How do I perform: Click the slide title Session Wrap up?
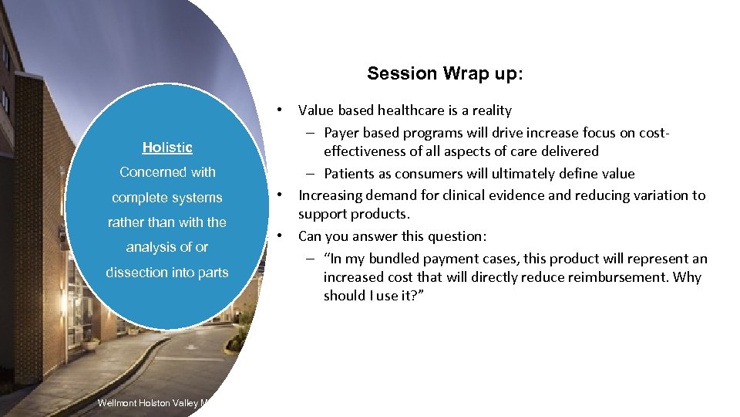tap(445, 73)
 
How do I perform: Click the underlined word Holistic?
tap(167, 147)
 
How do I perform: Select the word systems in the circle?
tap(198, 198)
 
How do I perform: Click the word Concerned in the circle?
tap(149, 172)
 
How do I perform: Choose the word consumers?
tap(436, 174)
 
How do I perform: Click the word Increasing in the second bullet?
tap(331, 195)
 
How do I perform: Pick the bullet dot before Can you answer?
tap(283, 234)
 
